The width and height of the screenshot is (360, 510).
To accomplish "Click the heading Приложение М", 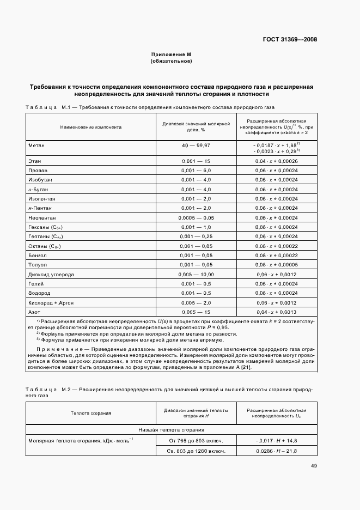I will click(171, 54).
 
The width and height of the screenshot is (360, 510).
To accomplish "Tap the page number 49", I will click(314, 466).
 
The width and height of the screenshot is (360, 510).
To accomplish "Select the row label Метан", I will click(36, 146).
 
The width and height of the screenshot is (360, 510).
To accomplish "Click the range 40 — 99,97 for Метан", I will click(196, 146).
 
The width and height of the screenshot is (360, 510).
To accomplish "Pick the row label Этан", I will click(35, 161).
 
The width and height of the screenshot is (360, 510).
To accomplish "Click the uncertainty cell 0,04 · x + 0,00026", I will click(276, 161).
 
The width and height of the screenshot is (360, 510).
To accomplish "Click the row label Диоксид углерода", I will click(51, 275).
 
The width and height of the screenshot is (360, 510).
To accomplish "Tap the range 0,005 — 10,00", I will click(196, 275).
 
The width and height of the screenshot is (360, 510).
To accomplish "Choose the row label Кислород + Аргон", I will click(51, 303).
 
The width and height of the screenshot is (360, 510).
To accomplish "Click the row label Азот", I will click(34, 312).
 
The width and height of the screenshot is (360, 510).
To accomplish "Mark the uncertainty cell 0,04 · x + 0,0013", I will click(276, 312).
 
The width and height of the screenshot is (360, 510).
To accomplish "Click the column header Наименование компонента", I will click(91, 127).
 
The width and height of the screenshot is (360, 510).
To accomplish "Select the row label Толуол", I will click(38, 265).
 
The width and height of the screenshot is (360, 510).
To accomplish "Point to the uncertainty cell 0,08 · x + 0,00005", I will click(276, 265).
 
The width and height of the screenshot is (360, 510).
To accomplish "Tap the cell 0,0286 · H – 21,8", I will click(276, 451).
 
